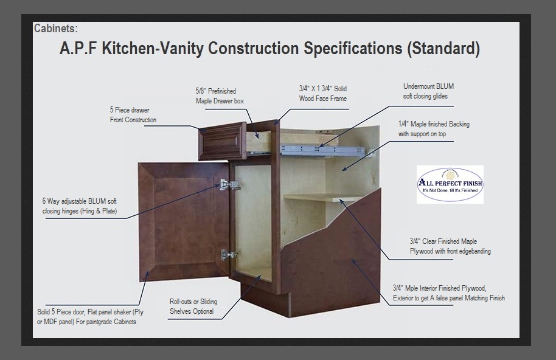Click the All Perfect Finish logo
click(x=450, y=184)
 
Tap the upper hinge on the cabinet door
click(x=229, y=185)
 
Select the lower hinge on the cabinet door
click(x=228, y=254)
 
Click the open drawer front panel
click(x=222, y=141)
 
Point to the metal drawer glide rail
click(x=322, y=151)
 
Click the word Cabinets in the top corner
click(x=56, y=29)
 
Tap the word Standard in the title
click(x=443, y=48)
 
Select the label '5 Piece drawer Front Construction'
click(x=133, y=115)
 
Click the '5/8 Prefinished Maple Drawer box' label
click(x=220, y=96)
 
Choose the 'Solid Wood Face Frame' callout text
click(x=322, y=94)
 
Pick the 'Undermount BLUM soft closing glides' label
click(x=428, y=91)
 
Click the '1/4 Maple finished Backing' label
click(x=434, y=129)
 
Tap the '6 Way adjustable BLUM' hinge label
click(x=80, y=206)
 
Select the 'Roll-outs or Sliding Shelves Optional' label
click(x=193, y=306)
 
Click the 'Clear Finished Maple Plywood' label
click(x=450, y=246)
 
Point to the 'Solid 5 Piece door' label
click(x=90, y=317)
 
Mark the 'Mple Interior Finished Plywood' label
click(x=448, y=293)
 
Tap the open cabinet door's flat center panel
click(x=185, y=221)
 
